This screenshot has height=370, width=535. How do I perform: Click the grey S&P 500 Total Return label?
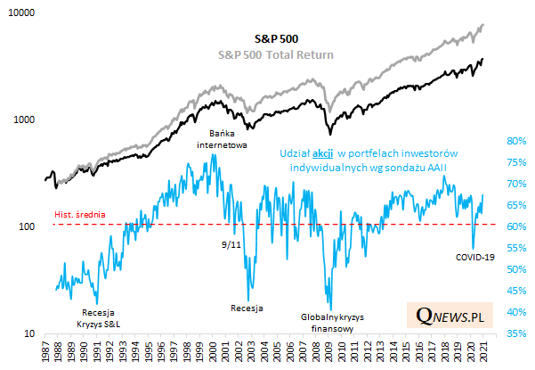276,54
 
